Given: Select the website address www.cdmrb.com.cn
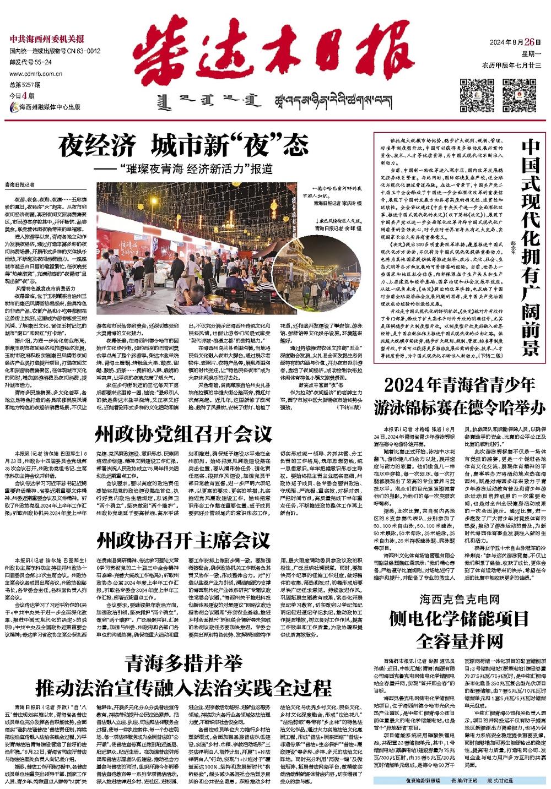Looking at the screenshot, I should (x=33, y=72).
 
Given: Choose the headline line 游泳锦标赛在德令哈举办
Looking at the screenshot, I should (x=459, y=408).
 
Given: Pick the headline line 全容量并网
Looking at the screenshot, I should (x=458, y=641).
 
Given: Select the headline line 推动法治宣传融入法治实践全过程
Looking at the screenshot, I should (x=183, y=688).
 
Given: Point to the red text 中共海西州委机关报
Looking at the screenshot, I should (x=47, y=39).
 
